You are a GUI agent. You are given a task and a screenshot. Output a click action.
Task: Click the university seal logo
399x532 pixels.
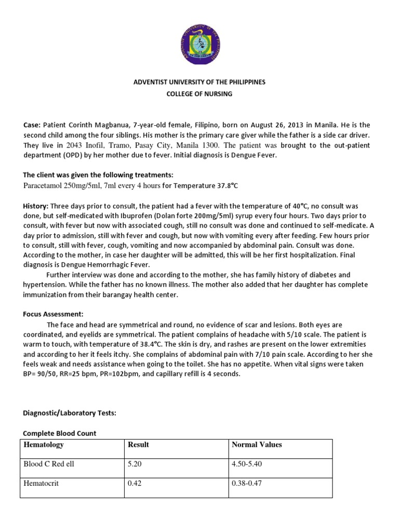pyautogui.click(x=199, y=44)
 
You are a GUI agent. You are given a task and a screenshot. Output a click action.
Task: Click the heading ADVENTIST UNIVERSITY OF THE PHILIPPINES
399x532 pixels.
pyautogui.click(x=199, y=83)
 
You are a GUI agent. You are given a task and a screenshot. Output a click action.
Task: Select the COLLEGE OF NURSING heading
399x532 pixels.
pyautogui.click(x=199, y=94)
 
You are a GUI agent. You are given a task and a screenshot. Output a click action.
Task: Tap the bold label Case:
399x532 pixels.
pyautogui.click(x=32, y=126)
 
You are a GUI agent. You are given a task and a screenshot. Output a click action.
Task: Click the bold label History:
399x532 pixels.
pyautogui.click(x=36, y=206)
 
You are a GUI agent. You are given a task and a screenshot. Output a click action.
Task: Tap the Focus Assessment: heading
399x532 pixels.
pyautogui.click(x=53, y=314)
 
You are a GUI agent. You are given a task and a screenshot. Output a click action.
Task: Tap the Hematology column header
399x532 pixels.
pyautogui.click(x=44, y=445)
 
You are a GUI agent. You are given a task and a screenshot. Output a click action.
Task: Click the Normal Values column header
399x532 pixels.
pyautogui.click(x=257, y=445)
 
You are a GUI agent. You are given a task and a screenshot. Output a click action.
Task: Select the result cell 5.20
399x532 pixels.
pyautogui.click(x=135, y=464)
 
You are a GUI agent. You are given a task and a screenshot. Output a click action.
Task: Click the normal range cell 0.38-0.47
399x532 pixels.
pyautogui.click(x=247, y=483)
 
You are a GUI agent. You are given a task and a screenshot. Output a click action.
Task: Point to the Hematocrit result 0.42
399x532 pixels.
pyautogui.click(x=135, y=483)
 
